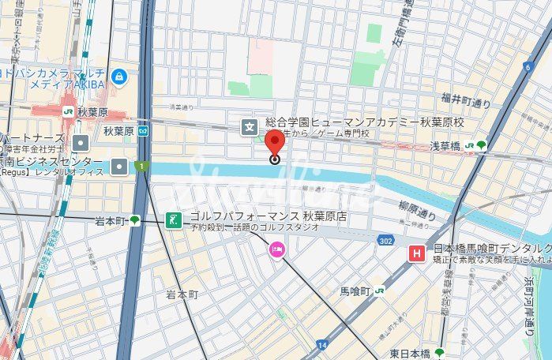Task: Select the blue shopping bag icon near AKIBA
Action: (118, 77)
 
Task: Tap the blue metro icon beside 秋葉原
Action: (143, 131)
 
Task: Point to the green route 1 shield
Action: (140, 166)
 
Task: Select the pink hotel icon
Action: (276, 251)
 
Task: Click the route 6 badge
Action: (528, 67)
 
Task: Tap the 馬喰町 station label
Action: (355, 291)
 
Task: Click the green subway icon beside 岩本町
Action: (134, 220)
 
